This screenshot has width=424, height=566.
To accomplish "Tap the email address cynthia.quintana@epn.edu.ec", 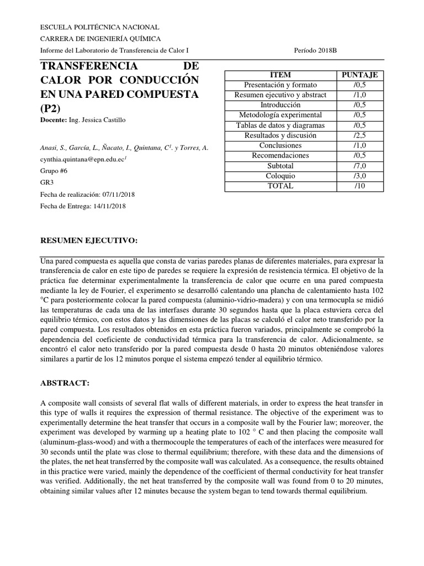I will pos(83,159).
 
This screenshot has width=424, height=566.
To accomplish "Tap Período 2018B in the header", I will pos(316,50).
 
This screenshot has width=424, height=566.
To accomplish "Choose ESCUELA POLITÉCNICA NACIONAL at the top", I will pos(100,27).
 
